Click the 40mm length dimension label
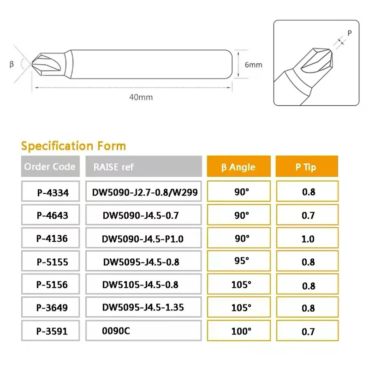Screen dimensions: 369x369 tap(142, 97)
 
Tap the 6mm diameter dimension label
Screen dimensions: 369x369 tap(253, 65)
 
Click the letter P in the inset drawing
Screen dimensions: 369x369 tap(349, 33)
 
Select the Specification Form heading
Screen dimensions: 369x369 tap(73, 146)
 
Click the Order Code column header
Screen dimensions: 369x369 tap(50, 167)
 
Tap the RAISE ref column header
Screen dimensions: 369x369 tap(113, 167)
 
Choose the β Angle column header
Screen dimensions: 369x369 tap(238, 167)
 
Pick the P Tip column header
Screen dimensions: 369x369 tap(306, 167)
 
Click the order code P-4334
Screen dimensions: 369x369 tap(53, 193)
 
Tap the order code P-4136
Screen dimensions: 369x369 tap(53, 239)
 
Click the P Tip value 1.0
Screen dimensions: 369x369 tap(308, 239)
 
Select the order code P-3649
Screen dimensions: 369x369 tap(53, 308)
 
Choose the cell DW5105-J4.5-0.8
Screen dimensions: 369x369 tap(140, 284)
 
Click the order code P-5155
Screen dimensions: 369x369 tap(53, 262)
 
